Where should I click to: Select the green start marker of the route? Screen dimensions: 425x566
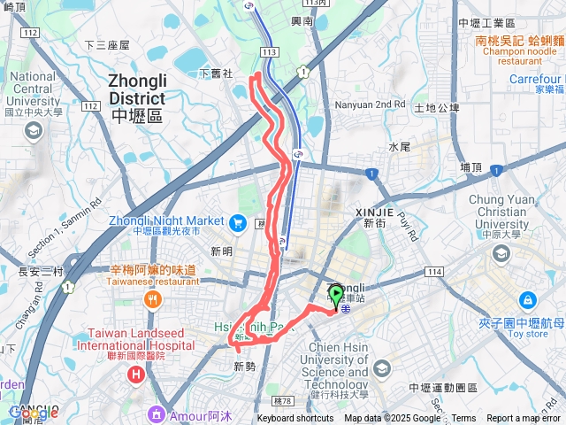point(336,294)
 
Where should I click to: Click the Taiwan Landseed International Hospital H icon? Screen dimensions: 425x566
point(135,375)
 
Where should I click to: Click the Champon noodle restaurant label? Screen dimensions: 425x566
point(520,50)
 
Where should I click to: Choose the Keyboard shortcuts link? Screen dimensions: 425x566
point(295,419)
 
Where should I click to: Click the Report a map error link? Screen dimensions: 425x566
point(524,419)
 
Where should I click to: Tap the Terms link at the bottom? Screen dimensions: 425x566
point(463,419)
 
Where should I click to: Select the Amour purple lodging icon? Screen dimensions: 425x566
point(156,413)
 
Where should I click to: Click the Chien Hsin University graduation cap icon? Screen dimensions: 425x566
point(381,367)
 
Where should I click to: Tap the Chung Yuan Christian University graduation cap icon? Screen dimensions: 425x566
point(501,254)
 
